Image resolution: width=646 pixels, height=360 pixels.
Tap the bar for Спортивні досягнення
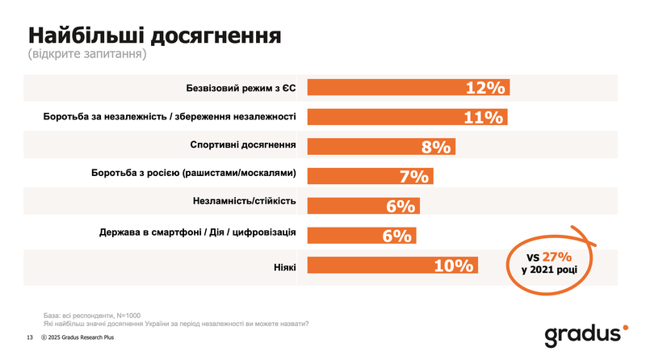(381, 146)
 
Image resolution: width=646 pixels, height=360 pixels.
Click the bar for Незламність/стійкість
(363, 206)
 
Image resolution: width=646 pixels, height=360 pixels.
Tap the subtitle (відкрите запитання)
(86, 56)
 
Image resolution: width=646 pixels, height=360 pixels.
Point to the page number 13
(30, 337)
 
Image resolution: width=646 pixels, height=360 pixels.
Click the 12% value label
(484, 87)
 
